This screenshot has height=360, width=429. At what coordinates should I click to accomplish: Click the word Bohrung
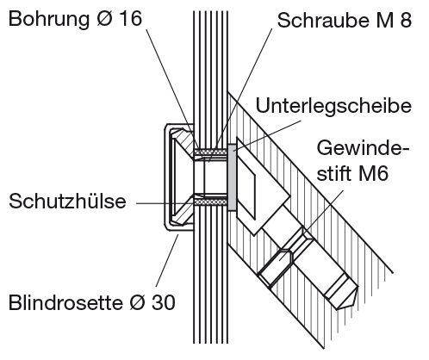click(x=49, y=20)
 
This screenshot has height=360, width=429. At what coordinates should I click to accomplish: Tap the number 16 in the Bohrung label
click(x=130, y=18)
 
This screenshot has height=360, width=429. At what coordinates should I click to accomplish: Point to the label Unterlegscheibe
click(x=333, y=107)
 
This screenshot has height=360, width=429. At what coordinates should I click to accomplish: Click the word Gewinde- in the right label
click(x=363, y=148)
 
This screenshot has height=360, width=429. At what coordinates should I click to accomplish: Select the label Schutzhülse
click(x=67, y=201)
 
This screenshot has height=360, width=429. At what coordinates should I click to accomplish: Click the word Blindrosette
click(x=65, y=302)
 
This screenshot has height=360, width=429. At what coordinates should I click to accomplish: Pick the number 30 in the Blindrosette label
click(x=164, y=302)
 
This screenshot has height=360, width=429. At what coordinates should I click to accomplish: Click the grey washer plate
click(x=233, y=177)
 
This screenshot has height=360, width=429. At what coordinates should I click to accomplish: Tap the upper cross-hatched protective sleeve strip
click(x=210, y=152)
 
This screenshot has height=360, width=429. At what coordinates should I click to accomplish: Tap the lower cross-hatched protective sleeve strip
click(x=210, y=202)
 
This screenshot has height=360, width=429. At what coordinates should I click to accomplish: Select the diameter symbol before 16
click(x=104, y=19)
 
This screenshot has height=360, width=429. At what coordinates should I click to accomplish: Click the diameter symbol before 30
click(x=137, y=302)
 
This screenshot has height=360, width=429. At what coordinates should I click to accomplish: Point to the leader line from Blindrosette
click(x=167, y=260)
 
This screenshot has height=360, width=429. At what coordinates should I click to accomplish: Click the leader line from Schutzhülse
click(x=165, y=203)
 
